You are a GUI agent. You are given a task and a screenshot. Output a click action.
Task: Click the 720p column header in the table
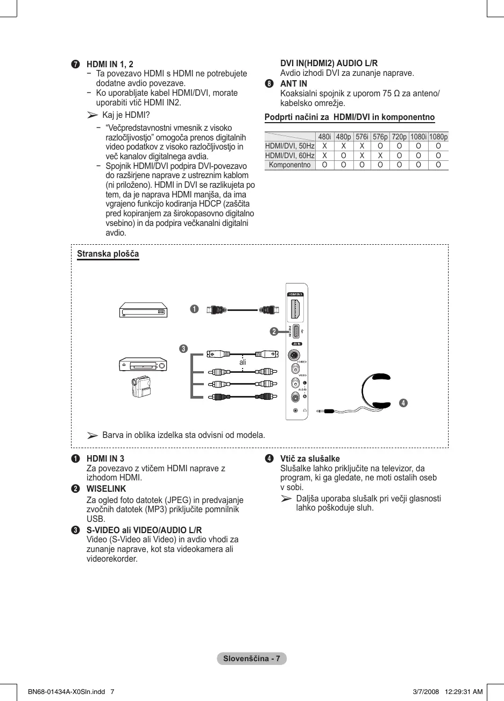pyautogui.click(x=399, y=137)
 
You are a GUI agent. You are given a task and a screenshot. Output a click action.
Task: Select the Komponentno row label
pyautogui.click(x=290, y=165)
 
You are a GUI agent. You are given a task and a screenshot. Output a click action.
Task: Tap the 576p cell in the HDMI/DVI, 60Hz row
pyautogui.click(x=380, y=155)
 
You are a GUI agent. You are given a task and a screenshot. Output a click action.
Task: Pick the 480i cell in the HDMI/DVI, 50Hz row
pyautogui.click(x=324, y=146)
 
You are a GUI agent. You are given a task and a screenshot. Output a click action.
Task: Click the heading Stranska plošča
pyautogui.click(x=108, y=254)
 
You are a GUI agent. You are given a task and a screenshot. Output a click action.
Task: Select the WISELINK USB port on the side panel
pyautogui.click(x=296, y=330)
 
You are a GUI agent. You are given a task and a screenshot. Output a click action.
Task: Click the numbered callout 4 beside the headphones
pyautogui.click(x=403, y=403)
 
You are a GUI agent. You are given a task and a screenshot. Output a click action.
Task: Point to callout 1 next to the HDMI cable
pyautogui.click(x=194, y=309)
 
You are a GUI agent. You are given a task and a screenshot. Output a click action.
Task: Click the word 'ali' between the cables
pyautogui.click(x=243, y=363)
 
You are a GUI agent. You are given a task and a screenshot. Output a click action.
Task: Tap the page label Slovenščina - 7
pyautogui.click(x=252, y=659)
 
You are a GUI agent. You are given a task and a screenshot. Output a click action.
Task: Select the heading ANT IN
pyautogui.click(x=294, y=83)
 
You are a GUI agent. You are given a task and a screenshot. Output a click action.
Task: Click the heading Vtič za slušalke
pyautogui.click(x=310, y=459)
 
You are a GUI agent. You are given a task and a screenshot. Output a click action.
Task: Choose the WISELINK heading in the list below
pyautogui.click(x=106, y=489)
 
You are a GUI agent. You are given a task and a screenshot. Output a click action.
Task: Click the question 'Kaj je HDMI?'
pyautogui.click(x=126, y=115)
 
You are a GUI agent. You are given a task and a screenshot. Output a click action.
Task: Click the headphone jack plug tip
pyautogui.click(x=320, y=411)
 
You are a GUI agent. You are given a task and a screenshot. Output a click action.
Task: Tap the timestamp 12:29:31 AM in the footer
pyautogui.click(x=464, y=692)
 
